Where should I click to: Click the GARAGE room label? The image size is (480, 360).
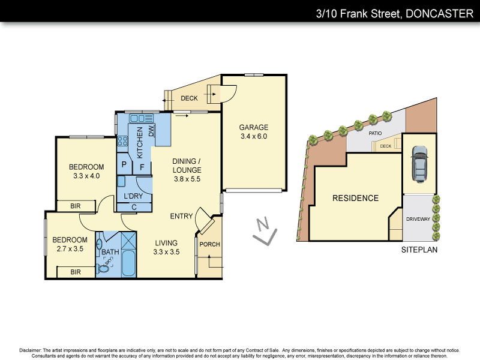[253, 127]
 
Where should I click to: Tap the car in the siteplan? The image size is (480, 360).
[418, 163]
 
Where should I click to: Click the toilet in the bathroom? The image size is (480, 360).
[104, 267]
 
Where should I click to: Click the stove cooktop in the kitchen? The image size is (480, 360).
[122, 142]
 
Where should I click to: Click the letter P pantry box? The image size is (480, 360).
[124, 164]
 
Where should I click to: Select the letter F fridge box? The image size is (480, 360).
[142, 167]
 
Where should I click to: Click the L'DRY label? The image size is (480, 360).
[133, 196]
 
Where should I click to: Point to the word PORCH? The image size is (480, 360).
[210, 244]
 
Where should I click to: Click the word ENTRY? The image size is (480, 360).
[181, 216]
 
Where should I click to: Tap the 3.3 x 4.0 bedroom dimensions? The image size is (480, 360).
[86, 176]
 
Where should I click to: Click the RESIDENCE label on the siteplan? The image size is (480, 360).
[356, 198]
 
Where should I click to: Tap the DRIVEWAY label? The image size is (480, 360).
[418, 219]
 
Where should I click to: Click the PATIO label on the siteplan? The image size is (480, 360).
[376, 133]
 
